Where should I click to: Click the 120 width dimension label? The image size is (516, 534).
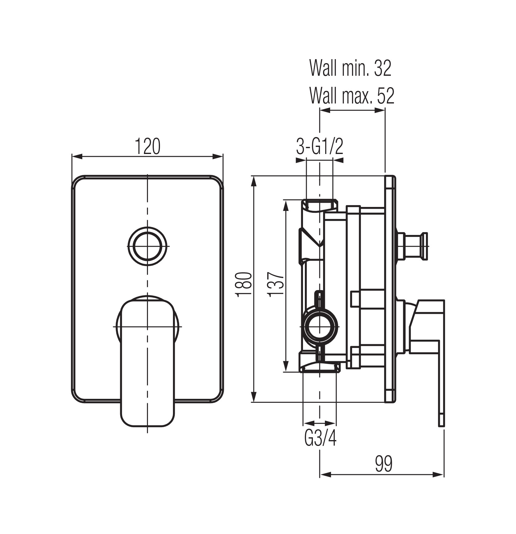point(148,147)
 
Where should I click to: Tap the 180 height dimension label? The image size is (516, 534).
point(244,284)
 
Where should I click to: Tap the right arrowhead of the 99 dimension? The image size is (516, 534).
point(439,483)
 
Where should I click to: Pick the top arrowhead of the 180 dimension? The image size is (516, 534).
point(254,181)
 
